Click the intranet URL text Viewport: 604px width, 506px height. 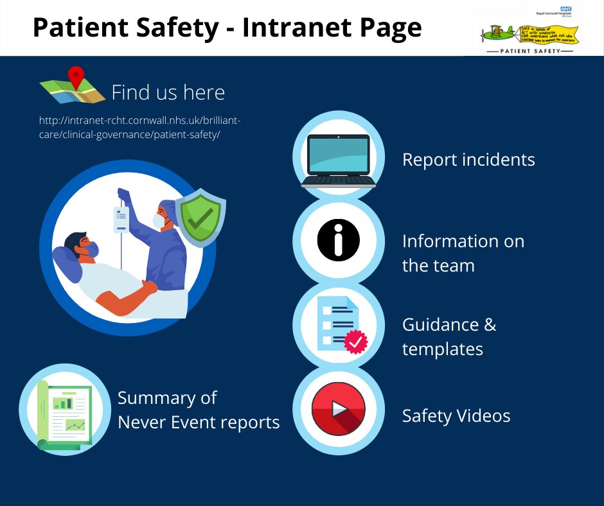139,126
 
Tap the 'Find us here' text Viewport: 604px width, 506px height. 168,92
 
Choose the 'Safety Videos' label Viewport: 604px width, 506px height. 456,415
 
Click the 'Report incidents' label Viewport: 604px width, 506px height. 468,159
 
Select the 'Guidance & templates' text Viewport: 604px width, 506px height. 449,336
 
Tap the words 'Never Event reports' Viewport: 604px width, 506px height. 199,422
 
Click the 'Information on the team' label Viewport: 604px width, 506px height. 463,253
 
